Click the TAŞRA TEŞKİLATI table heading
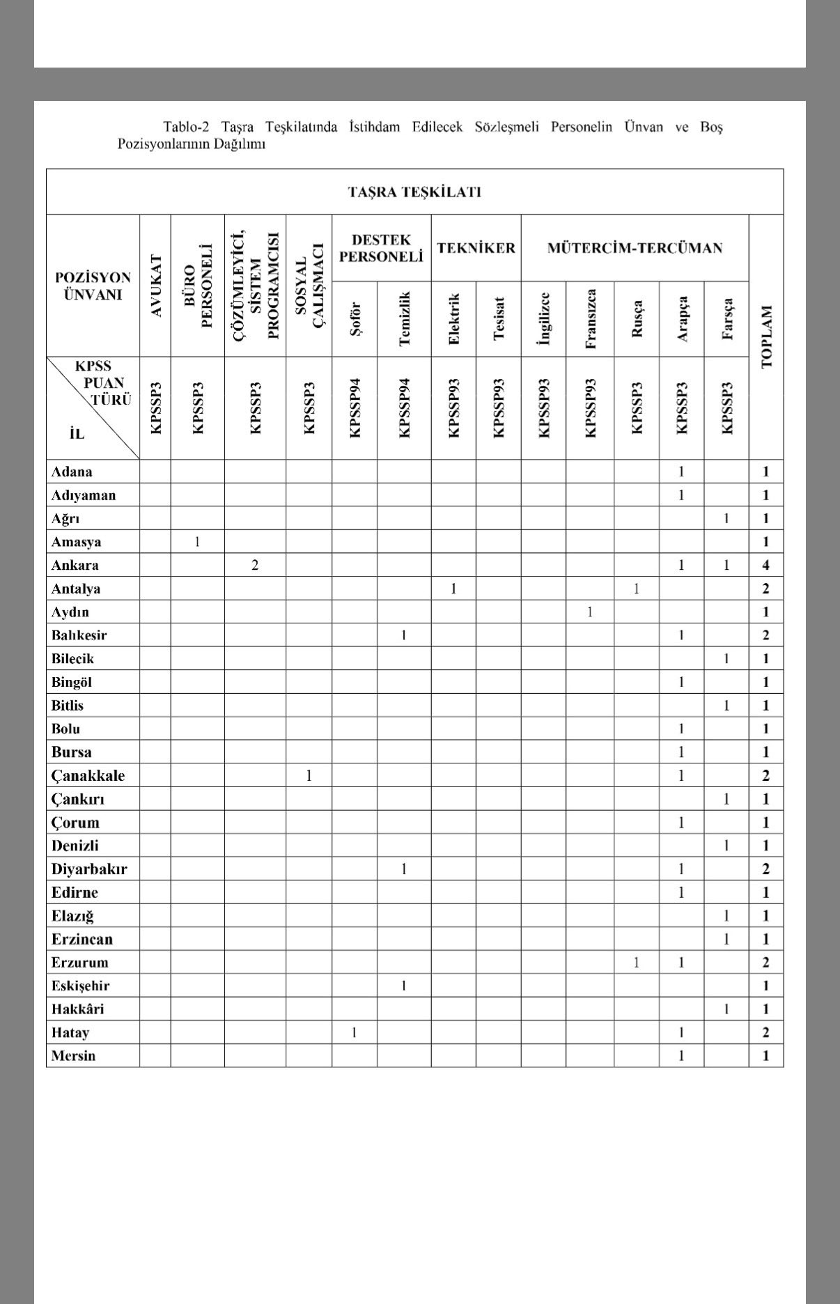(414, 192)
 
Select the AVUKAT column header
(156, 286)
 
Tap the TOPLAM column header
(766, 336)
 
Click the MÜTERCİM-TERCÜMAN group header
(635, 248)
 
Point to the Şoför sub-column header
(355, 320)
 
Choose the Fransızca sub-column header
(591, 319)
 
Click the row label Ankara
(75, 565)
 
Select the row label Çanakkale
(88, 775)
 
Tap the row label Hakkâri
(77, 1009)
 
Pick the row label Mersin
(73, 1055)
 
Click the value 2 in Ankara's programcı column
(255, 565)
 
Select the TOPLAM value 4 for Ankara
(766, 565)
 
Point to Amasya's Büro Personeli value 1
(197, 541)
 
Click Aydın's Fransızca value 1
(590, 612)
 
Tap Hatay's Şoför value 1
(355, 1032)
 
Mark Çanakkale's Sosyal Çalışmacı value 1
(309, 775)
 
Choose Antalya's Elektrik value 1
(453, 589)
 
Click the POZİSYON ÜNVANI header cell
(93, 286)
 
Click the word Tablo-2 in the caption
(186, 127)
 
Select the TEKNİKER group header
(476, 248)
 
